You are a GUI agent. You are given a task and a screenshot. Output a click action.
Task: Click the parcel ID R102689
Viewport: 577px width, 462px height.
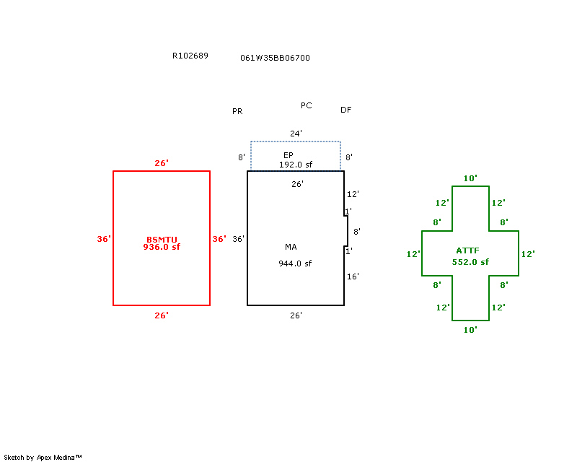pyautogui.click(x=190, y=56)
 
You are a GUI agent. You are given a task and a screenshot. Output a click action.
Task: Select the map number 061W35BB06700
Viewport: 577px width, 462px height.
pyautogui.click(x=276, y=58)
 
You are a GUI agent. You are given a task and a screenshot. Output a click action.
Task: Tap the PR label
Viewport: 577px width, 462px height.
pyautogui.click(x=237, y=112)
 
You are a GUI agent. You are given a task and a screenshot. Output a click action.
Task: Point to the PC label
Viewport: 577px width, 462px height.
pyautogui.click(x=307, y=105)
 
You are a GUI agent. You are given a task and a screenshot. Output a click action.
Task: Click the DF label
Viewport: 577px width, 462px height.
pyautogui.click(x=346, y=110)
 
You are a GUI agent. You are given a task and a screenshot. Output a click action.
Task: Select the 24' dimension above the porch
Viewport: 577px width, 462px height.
pyautogui.click(x=296, y=134)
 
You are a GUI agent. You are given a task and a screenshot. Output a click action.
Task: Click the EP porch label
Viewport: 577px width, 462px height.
pyautogui.click(x=288, y=155)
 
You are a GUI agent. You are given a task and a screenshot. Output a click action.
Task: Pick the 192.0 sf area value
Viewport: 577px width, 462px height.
pyautogui.click(x=296, y=165)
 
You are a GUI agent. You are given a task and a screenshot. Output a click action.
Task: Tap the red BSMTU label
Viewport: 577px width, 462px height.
pyautogui.click(x=162, y=240)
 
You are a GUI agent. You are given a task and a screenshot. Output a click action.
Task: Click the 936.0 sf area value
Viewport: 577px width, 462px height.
pyautogui.click(x=162, y=247)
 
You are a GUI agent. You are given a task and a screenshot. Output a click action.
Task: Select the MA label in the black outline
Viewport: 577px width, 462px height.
pyautogui.click(x=291, y=247)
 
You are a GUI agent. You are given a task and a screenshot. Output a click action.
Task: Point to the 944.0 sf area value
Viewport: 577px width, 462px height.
pyautogui.click(x=295, y=263)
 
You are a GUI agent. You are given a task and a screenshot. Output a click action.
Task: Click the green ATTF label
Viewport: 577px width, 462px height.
pyautogui.click(x=470, y=250)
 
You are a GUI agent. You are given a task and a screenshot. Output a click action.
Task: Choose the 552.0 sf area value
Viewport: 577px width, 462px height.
pyautogui.click(x=470, y=262)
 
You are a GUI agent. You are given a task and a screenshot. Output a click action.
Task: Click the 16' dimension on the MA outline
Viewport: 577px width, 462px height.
pyautogui.click(x=353, y=276)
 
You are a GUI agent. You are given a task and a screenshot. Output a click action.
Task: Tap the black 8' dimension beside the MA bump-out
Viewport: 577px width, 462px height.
pyautogui.click(x=356, y=232)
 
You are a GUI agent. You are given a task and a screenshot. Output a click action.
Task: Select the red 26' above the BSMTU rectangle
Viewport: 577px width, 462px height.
pyautogui.click(x=162, y=163)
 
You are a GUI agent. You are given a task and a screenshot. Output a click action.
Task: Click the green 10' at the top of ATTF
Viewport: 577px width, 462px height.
pyautogui.click(x=470, y=178)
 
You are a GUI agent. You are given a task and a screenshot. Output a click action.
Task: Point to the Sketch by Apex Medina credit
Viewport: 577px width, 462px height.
pyautogui.click(x=43, y=458)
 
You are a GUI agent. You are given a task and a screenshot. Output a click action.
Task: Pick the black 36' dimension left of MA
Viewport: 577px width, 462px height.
pyautogui.click(x=239, y=239)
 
